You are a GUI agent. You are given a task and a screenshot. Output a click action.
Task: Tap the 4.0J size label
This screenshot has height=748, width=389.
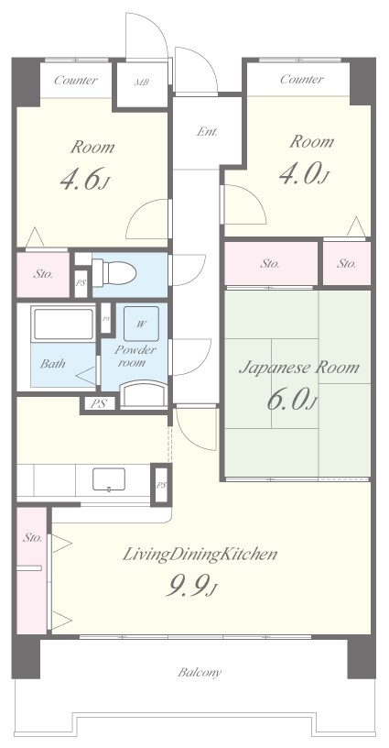[x=303, y=174]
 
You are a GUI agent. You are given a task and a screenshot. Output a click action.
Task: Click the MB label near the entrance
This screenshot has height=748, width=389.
[x=141, y=82]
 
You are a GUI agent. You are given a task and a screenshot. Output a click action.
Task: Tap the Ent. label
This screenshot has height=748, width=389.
[x=207, y=131]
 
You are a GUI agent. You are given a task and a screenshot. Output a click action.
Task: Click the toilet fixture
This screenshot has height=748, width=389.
[x=114, y=273]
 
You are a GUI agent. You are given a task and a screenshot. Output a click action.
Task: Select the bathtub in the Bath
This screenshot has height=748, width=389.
[x=63, y=324]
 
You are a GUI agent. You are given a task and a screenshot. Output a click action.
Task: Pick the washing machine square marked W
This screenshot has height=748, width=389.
[x=141, y=324]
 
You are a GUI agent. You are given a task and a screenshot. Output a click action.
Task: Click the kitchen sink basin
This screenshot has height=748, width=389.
[x=109, y=478]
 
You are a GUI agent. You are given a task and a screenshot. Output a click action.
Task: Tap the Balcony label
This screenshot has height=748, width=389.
[x=200, y=673]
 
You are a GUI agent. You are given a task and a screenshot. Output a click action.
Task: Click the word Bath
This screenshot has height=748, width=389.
[x=53, y=364]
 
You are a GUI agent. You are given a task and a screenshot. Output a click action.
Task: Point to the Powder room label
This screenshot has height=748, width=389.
[x=135, y=356]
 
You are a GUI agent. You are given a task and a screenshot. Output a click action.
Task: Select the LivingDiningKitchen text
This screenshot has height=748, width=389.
[x=200, y=555]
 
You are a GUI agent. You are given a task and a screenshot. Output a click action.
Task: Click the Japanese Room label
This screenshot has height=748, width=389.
[x=298, y=368]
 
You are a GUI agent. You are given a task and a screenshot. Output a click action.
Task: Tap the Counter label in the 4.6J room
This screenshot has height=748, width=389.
[x=76, y=80]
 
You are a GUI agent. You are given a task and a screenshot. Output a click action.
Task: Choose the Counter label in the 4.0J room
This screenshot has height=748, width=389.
[x=302, y=79]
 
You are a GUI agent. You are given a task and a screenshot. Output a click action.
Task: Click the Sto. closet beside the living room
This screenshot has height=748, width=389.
[x=32, y=570]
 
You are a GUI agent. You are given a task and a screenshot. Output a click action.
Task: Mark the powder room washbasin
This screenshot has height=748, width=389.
[x=144, y=394]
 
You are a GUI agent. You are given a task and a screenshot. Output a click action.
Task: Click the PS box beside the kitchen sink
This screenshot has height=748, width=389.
[x=161, y=485]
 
